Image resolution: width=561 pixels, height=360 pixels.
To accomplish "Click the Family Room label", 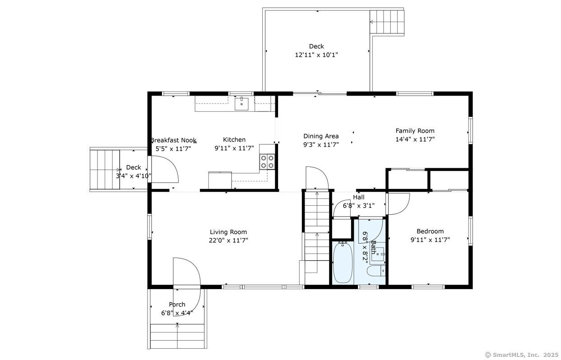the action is click(415, 131).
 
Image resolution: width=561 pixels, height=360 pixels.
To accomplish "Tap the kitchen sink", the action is click(241, 104).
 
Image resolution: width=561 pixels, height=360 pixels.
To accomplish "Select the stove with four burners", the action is click(267, 162).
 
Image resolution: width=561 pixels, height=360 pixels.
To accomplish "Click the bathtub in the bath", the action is click(343, 263).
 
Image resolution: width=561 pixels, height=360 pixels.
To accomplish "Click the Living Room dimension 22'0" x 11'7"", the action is click(228, 240).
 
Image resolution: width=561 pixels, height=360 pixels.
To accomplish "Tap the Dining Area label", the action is click(321, 136).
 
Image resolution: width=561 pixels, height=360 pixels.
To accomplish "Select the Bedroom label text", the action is click(430, 231).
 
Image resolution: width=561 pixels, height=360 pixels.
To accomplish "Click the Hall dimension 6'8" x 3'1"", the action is click(359, 206).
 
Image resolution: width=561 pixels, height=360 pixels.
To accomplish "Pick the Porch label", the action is click(177, 305).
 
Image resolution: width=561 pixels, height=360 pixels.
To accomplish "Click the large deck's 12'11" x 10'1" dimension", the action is click(316, 55).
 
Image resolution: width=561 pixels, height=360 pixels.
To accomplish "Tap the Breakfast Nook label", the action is click(174, 140).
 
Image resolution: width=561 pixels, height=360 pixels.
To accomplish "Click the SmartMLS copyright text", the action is click(522, 355).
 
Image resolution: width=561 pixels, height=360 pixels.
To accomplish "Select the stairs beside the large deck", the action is click(387, 22).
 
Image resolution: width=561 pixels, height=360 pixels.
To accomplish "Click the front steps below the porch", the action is click(177, 336).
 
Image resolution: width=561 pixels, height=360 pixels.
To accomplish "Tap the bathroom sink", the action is click(377, 254).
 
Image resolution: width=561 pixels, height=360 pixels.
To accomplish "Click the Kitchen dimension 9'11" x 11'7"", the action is click(234, 148).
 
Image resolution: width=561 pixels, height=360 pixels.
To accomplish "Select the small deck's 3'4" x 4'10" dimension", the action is click(133, 176).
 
